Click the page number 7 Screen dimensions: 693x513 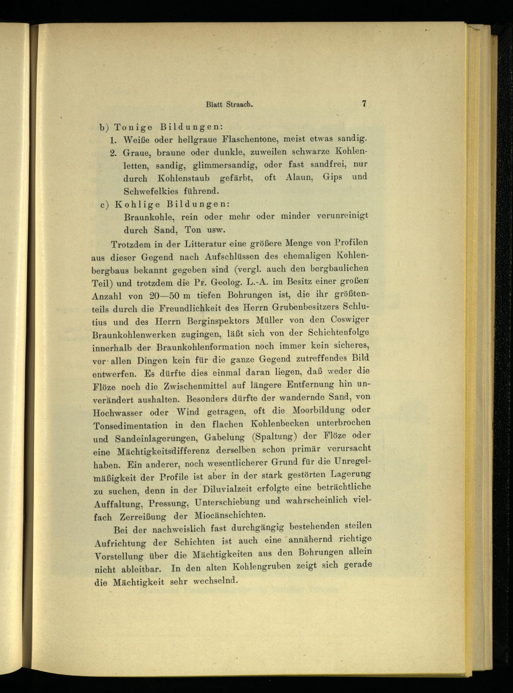[x=364, y=104]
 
